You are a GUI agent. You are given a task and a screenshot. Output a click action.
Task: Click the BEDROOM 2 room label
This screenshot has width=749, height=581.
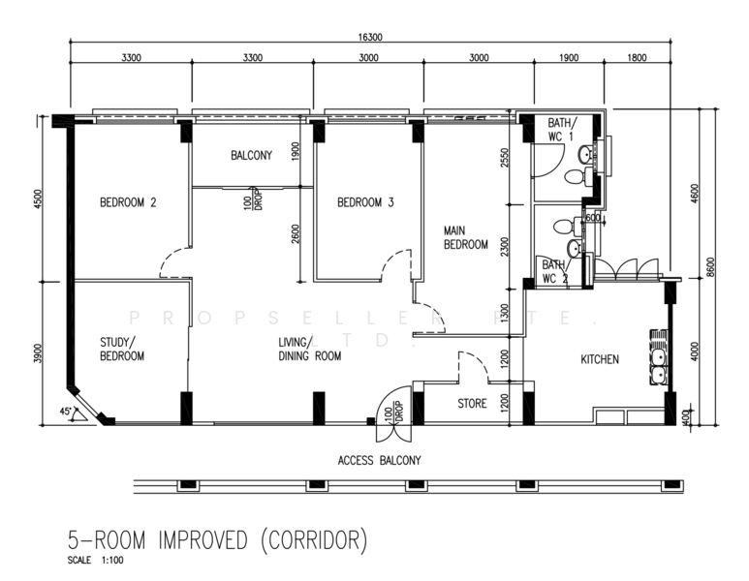tap(128, 202)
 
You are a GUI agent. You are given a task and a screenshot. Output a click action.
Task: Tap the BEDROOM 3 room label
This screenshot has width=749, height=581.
tap(365, 202)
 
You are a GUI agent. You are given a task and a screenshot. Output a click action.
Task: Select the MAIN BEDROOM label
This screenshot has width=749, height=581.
tap(466, 238)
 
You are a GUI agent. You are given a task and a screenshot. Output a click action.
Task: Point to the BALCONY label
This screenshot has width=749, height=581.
tap(251, 155)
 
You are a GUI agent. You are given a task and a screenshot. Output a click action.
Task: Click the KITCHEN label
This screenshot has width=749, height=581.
tap(600, 359)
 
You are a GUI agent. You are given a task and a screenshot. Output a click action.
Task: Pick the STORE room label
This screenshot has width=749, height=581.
tap(472, 404)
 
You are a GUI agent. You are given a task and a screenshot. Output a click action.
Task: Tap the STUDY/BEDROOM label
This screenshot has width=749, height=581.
tap(122, 349)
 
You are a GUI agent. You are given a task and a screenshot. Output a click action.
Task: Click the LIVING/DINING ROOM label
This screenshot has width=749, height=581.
tap(309, 349)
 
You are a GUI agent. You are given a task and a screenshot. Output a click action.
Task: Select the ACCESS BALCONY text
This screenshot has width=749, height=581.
tap(379, 460)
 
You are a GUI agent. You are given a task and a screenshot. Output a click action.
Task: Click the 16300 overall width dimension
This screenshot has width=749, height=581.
tap(370, 37)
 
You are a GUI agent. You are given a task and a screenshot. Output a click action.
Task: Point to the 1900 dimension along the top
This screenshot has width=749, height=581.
tap(569, 58)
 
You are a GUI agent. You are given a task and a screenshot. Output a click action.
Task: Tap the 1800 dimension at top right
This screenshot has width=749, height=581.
tap(637, 58)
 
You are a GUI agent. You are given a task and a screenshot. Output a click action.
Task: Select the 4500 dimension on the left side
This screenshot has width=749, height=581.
tap(38, 199)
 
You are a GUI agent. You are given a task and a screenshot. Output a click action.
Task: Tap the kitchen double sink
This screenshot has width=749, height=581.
tap(659, 357)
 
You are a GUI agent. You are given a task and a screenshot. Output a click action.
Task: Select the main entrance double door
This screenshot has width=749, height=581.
tap(393, 414)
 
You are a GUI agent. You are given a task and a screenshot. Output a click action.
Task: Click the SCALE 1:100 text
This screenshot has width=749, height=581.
tap(96, 560)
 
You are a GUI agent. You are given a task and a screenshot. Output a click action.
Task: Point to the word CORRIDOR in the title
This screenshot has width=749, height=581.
tap(314, 540)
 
